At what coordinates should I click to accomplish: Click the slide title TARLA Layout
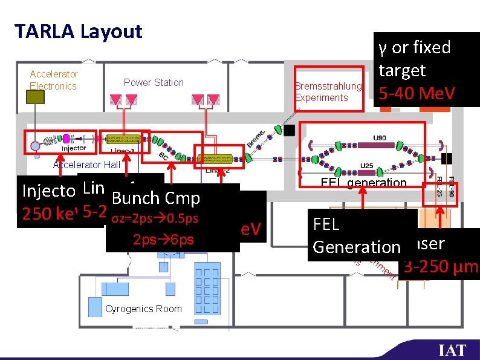pos(78,31)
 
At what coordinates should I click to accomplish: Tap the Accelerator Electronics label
pos(54,80)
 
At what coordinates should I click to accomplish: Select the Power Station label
pos(154,82)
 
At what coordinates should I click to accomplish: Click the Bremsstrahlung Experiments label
pos(328,92)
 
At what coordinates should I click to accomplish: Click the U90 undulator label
pos(380,139)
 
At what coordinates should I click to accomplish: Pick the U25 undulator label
pos(366,166)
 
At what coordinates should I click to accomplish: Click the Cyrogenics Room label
pos(143,309)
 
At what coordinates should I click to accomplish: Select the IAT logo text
pos(452,350)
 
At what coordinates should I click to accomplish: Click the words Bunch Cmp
pos(156,198)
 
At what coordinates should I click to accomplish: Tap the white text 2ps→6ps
pos(163,239)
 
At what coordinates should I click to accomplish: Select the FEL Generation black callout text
pos(357,236)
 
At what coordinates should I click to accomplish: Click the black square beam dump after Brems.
pos(290,130)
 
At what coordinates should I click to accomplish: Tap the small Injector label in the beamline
pos(74,147)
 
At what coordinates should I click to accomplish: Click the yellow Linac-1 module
pos(123,139)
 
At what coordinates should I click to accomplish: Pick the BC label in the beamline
pos(163,155)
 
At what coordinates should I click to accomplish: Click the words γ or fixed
pos(415,47)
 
